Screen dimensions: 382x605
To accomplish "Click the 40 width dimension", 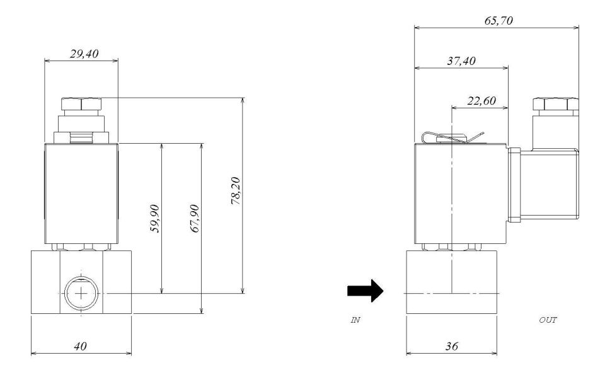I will click(x=80, y=346).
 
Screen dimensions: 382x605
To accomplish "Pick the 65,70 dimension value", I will click(x=497, y=21).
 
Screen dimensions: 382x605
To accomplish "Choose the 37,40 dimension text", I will click(x=460, y=61).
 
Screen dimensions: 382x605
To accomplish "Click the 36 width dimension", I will click(x=451, y=346).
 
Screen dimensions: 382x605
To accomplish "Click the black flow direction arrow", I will click(x=365, y=292).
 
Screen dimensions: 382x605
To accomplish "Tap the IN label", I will click(x=355, y=320).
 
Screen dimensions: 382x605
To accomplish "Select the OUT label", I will click(x=548, y=320).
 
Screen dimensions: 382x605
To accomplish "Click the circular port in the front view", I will click(x=80, y=294).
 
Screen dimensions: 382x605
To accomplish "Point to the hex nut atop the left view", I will click(x=81, y=104).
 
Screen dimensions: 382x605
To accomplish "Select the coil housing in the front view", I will click(x=81, y=192).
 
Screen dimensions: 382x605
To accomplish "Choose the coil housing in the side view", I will click(x=460, y=192).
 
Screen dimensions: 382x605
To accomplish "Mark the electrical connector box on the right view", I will click(x=547, y=186).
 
